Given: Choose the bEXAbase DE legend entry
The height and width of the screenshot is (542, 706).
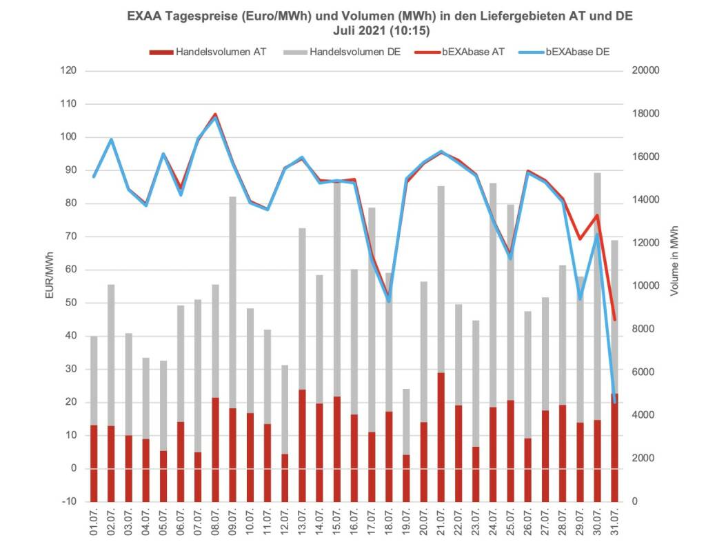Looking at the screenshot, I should [577, 52].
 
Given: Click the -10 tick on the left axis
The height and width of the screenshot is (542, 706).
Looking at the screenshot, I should [68, 501].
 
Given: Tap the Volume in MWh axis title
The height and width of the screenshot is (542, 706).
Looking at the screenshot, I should [674, 260].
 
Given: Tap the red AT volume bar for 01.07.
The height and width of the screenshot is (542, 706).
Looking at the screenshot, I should [94, 463].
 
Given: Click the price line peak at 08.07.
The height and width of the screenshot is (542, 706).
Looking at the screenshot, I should [215, 115].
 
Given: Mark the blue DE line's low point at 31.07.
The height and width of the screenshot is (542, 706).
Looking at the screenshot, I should [614, 401].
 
